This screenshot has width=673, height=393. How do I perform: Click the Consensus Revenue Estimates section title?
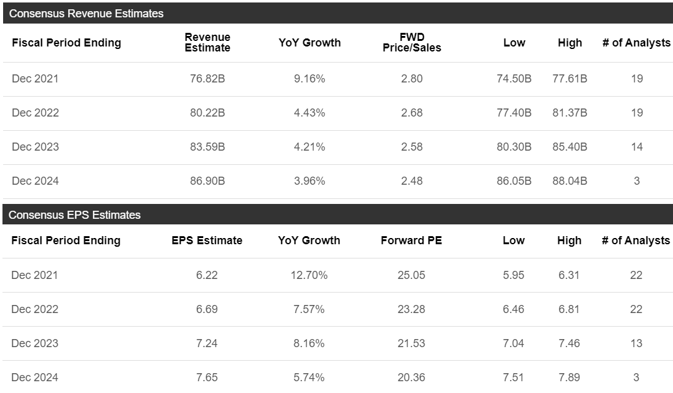[87, 13]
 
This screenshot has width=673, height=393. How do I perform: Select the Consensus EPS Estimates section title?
[75, 215]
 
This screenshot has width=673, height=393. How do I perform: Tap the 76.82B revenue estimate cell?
[207, 79]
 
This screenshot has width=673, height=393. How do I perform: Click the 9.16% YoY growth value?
[310, 79]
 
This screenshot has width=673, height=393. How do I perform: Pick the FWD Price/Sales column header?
[412, 43]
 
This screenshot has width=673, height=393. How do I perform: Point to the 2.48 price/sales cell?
[412, 181]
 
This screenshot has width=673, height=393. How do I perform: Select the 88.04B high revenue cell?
[570, 181]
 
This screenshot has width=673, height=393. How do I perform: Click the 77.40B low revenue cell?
[514, 113]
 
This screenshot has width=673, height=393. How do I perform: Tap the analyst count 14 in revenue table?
[636, 147]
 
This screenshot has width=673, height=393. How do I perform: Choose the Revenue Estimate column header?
[207, 43]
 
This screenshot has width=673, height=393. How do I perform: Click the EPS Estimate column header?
[207, 241]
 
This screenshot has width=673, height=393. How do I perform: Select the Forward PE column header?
[411, 241]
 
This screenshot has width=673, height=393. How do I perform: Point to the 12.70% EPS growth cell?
[309, 275]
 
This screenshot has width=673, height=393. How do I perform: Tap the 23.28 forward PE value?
[411, 309]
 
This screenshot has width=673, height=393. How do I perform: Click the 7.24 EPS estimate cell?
[207, 343]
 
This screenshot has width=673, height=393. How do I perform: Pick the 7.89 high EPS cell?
[569, 378]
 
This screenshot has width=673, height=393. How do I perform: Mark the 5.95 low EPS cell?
[513, 275]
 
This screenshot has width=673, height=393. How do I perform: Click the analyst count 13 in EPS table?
[636, 343]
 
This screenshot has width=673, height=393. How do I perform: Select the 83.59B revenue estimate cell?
[207, 147]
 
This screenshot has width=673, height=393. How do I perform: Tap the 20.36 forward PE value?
[411, 378]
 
